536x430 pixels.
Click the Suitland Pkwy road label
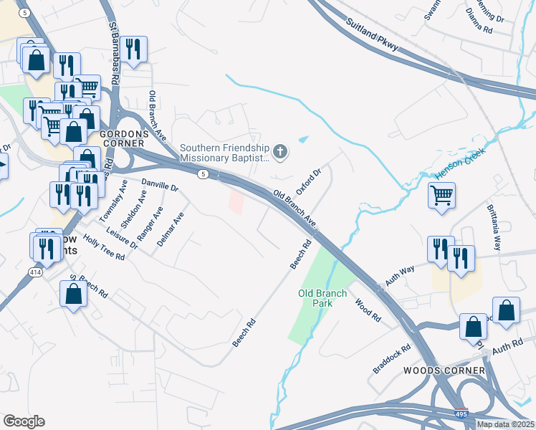[373, 38]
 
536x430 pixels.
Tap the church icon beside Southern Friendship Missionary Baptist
[279, 152]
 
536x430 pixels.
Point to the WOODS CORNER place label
[444, 371]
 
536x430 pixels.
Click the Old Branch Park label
[322, 298]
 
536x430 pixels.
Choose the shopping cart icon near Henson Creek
[441, 195]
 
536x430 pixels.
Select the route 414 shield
[35, 272]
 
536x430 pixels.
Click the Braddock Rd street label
[391, 359]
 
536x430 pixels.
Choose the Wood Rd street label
[367, 309]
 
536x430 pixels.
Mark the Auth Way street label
[399, 277]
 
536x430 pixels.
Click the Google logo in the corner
[24, 421]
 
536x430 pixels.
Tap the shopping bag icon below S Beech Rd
[73, 294]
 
